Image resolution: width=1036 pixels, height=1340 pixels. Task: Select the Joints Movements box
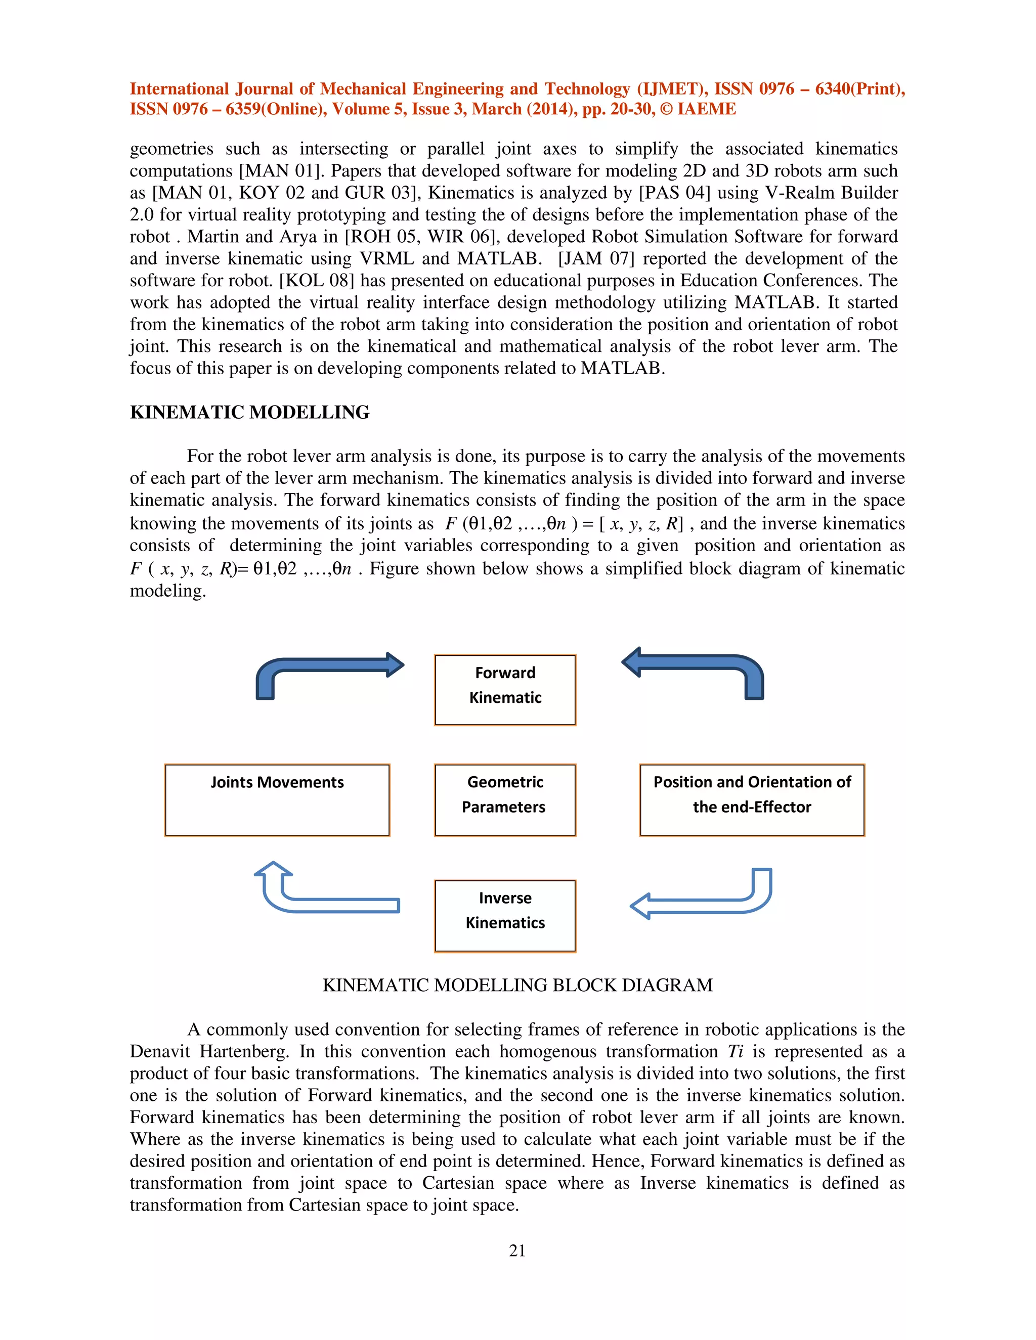coord(277,799)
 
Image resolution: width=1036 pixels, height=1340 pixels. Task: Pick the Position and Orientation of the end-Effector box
coord(751,799)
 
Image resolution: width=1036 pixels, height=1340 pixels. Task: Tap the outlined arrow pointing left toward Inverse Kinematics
coord(700,905)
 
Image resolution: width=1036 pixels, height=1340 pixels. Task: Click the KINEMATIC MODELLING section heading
coord(249,412)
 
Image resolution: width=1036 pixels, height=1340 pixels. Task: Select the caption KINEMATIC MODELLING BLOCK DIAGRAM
coord(517,985)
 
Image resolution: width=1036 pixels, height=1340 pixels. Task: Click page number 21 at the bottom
coord(517,1250)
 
